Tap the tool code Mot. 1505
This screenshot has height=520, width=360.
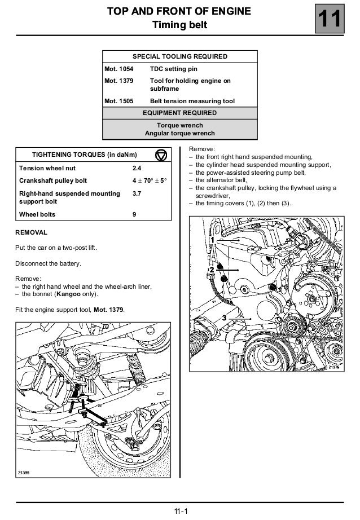point(118,102)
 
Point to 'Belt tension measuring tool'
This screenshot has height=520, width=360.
point(192,102)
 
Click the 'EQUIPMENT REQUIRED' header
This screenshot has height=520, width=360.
point(179,113)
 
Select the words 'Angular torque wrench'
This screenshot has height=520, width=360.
point(179,133)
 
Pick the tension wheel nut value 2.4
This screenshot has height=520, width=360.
point(137,168)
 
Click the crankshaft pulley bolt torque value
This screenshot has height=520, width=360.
point(150,181)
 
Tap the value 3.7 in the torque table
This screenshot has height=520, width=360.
point(137,193)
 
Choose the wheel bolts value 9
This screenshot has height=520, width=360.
point(134,214)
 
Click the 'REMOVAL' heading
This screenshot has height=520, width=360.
point(31,232)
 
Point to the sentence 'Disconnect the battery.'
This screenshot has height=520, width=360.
point(49,263)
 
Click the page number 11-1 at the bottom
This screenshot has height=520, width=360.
point(180,512)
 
